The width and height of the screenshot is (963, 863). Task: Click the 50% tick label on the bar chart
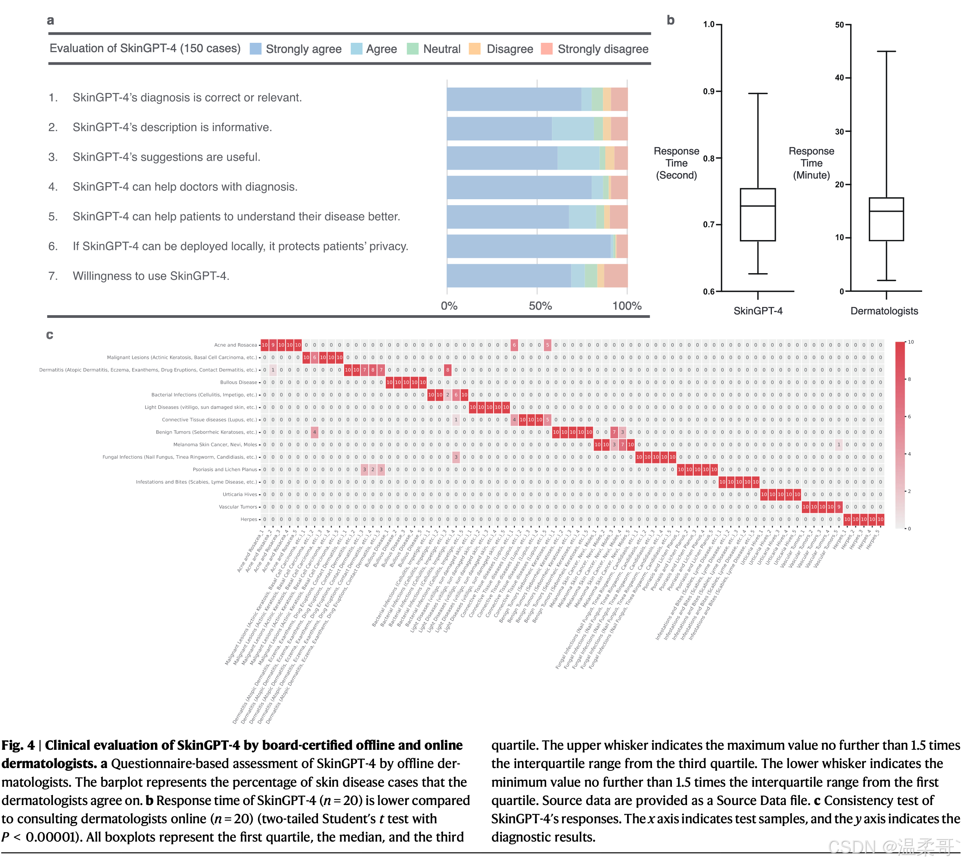pos(540,306)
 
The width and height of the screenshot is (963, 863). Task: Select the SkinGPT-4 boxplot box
pos(757,215)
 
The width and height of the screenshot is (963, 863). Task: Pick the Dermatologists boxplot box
pos(886,219)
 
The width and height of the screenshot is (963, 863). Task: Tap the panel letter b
pos(670,20)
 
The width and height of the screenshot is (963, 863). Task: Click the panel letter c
pos(50,335)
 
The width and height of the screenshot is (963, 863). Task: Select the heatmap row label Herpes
pos(249,519)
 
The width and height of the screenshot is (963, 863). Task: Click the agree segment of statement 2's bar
pos(572,128)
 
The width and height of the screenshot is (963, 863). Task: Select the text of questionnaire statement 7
pos(151,276)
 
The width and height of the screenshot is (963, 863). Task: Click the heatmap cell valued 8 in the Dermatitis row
pos(447,370)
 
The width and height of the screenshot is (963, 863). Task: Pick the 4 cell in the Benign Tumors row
pos(314,432)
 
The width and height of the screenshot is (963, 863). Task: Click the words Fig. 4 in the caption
pos(18,745)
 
